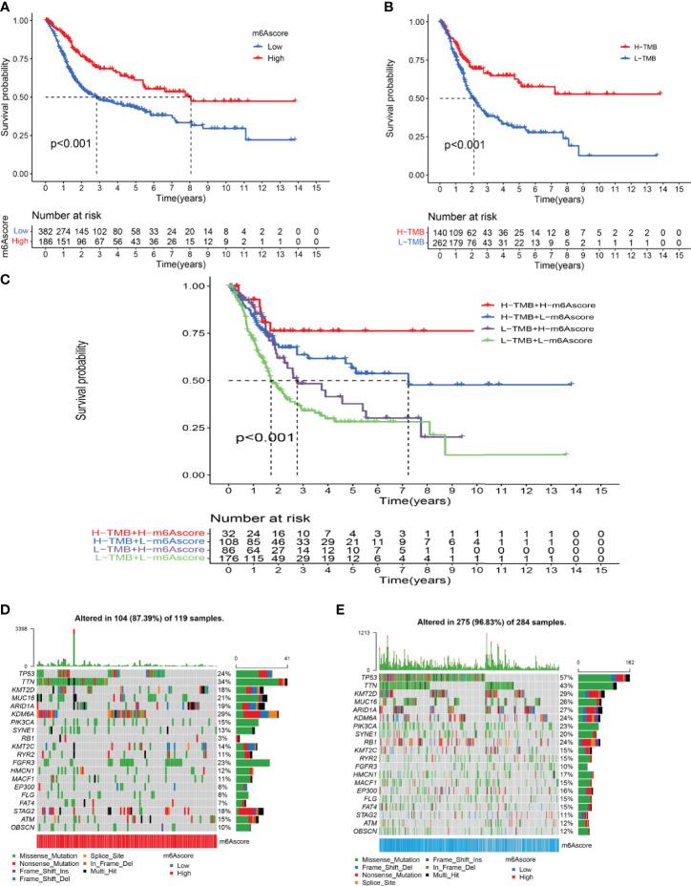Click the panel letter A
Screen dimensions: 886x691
8,7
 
